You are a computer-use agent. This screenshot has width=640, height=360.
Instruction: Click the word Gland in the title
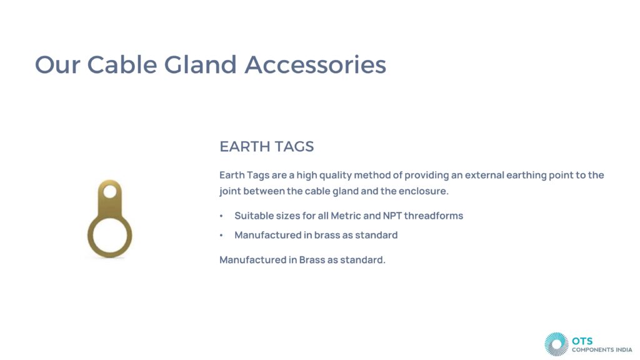click(x=200, y=64)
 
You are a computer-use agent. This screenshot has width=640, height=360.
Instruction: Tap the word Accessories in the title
click(x=316, y=64)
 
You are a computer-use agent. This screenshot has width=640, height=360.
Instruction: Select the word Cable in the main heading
click(x=122, y=64)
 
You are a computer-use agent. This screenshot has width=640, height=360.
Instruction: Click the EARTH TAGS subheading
click(x=266, y=146)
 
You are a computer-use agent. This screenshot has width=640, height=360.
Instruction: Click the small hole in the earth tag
click(x=110, y=191)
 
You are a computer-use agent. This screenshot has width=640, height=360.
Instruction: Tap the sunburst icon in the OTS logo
click(x=556, y=344)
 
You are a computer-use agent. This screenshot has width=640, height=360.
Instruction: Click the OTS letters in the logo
click(x=582, y=341)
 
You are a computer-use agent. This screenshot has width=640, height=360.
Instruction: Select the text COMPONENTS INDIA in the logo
click(x=602, y=350)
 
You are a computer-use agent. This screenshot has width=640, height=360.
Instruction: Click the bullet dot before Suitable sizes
click(x=221, y=216)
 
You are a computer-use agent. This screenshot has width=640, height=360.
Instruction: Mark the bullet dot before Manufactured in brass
click(x=221, y=236)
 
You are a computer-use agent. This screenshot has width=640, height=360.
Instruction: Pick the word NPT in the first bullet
click(x=392, y=216)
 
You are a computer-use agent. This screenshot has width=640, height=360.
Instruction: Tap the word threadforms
click(x=434, y=216)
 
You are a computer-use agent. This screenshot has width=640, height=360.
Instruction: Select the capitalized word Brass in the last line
click(x=312, y=259)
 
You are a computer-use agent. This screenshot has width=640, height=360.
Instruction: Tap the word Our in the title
click(x=57, y=64)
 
